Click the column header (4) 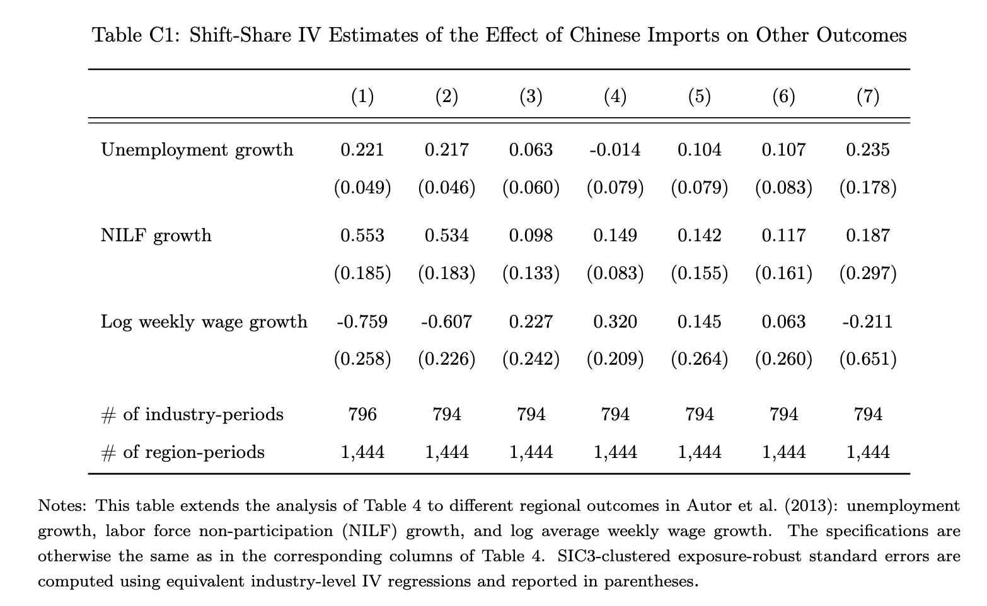point(615,96)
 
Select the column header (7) point(868,96)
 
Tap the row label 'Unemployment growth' point(197,150)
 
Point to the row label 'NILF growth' point(156,236)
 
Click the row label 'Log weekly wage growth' point(204,322)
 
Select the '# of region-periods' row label point(183,452)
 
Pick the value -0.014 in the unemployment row point(615,150)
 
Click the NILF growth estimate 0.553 point(362,236)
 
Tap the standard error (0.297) point(868,273)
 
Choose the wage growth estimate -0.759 point(362,322)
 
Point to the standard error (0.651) point(868,359)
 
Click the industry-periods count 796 point(362,414)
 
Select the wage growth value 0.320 point(615,322)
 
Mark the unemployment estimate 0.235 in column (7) point(868,150)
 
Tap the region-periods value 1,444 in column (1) point(362,452)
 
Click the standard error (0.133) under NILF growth point(531,273)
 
